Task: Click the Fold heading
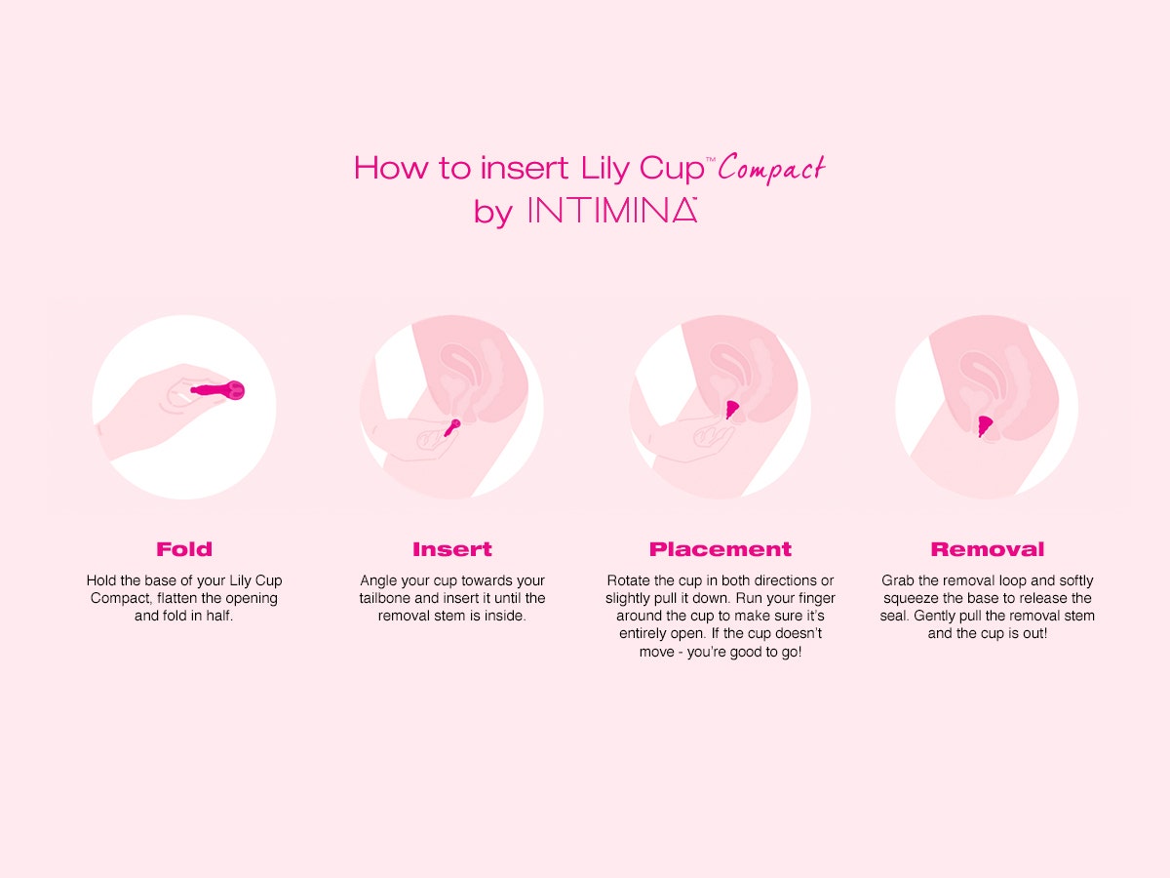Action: tap(184, 549)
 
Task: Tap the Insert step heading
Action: tap(451, 549)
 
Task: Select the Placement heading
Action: tap(721, 549)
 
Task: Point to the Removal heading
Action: tap(987, 549)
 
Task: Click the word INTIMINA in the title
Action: tap(611, 211)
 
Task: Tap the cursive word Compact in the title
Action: tap(771, 169)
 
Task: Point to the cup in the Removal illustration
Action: tap(986, 425)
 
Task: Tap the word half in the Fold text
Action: tap(218, 617)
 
